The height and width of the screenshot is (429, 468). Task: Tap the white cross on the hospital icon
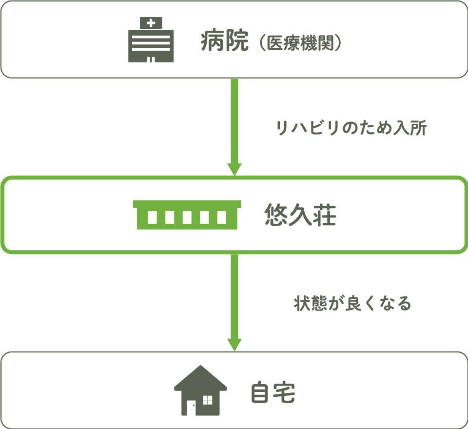(151, 22)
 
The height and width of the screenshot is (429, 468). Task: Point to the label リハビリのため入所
(351, 128)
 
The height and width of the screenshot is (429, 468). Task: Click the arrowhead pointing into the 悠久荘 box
(234, 169)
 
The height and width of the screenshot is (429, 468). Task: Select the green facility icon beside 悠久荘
(187, 215)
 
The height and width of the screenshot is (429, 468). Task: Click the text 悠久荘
(300, 215)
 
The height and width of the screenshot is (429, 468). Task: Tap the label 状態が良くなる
(352, 303)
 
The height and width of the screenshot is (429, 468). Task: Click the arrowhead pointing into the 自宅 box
(234, 344)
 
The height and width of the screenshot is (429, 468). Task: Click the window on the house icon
(208, 400)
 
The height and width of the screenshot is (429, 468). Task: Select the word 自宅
(273, 393)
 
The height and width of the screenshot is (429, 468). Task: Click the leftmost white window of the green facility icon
(152, 217)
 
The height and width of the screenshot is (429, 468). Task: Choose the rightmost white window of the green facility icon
(222, 217)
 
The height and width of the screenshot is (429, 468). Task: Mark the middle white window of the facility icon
(187, 217)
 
